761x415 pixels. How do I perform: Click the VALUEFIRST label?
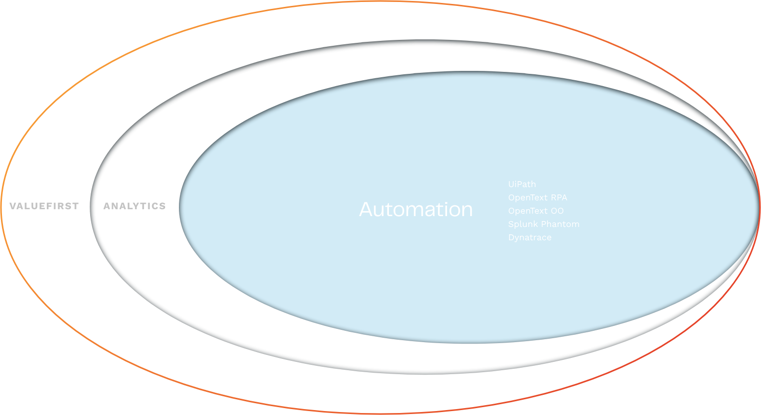point(44,206)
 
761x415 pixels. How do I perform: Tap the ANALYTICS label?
point(134,206)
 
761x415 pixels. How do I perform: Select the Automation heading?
point(415,209)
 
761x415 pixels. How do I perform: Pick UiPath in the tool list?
point(522,184)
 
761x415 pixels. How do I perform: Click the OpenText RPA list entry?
point(538,197)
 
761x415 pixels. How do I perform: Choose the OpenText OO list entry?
point(536,211)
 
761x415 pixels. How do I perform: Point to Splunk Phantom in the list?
point(544,224)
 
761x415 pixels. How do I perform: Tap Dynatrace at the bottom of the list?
point(530,237)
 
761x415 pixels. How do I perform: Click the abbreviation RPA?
point(559,197)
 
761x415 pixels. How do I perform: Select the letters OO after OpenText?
point(557,211)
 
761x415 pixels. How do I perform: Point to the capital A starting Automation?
point(366,209)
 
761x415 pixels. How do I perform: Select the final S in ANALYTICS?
point(162,206)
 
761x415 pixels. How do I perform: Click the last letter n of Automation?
point(467,211)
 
